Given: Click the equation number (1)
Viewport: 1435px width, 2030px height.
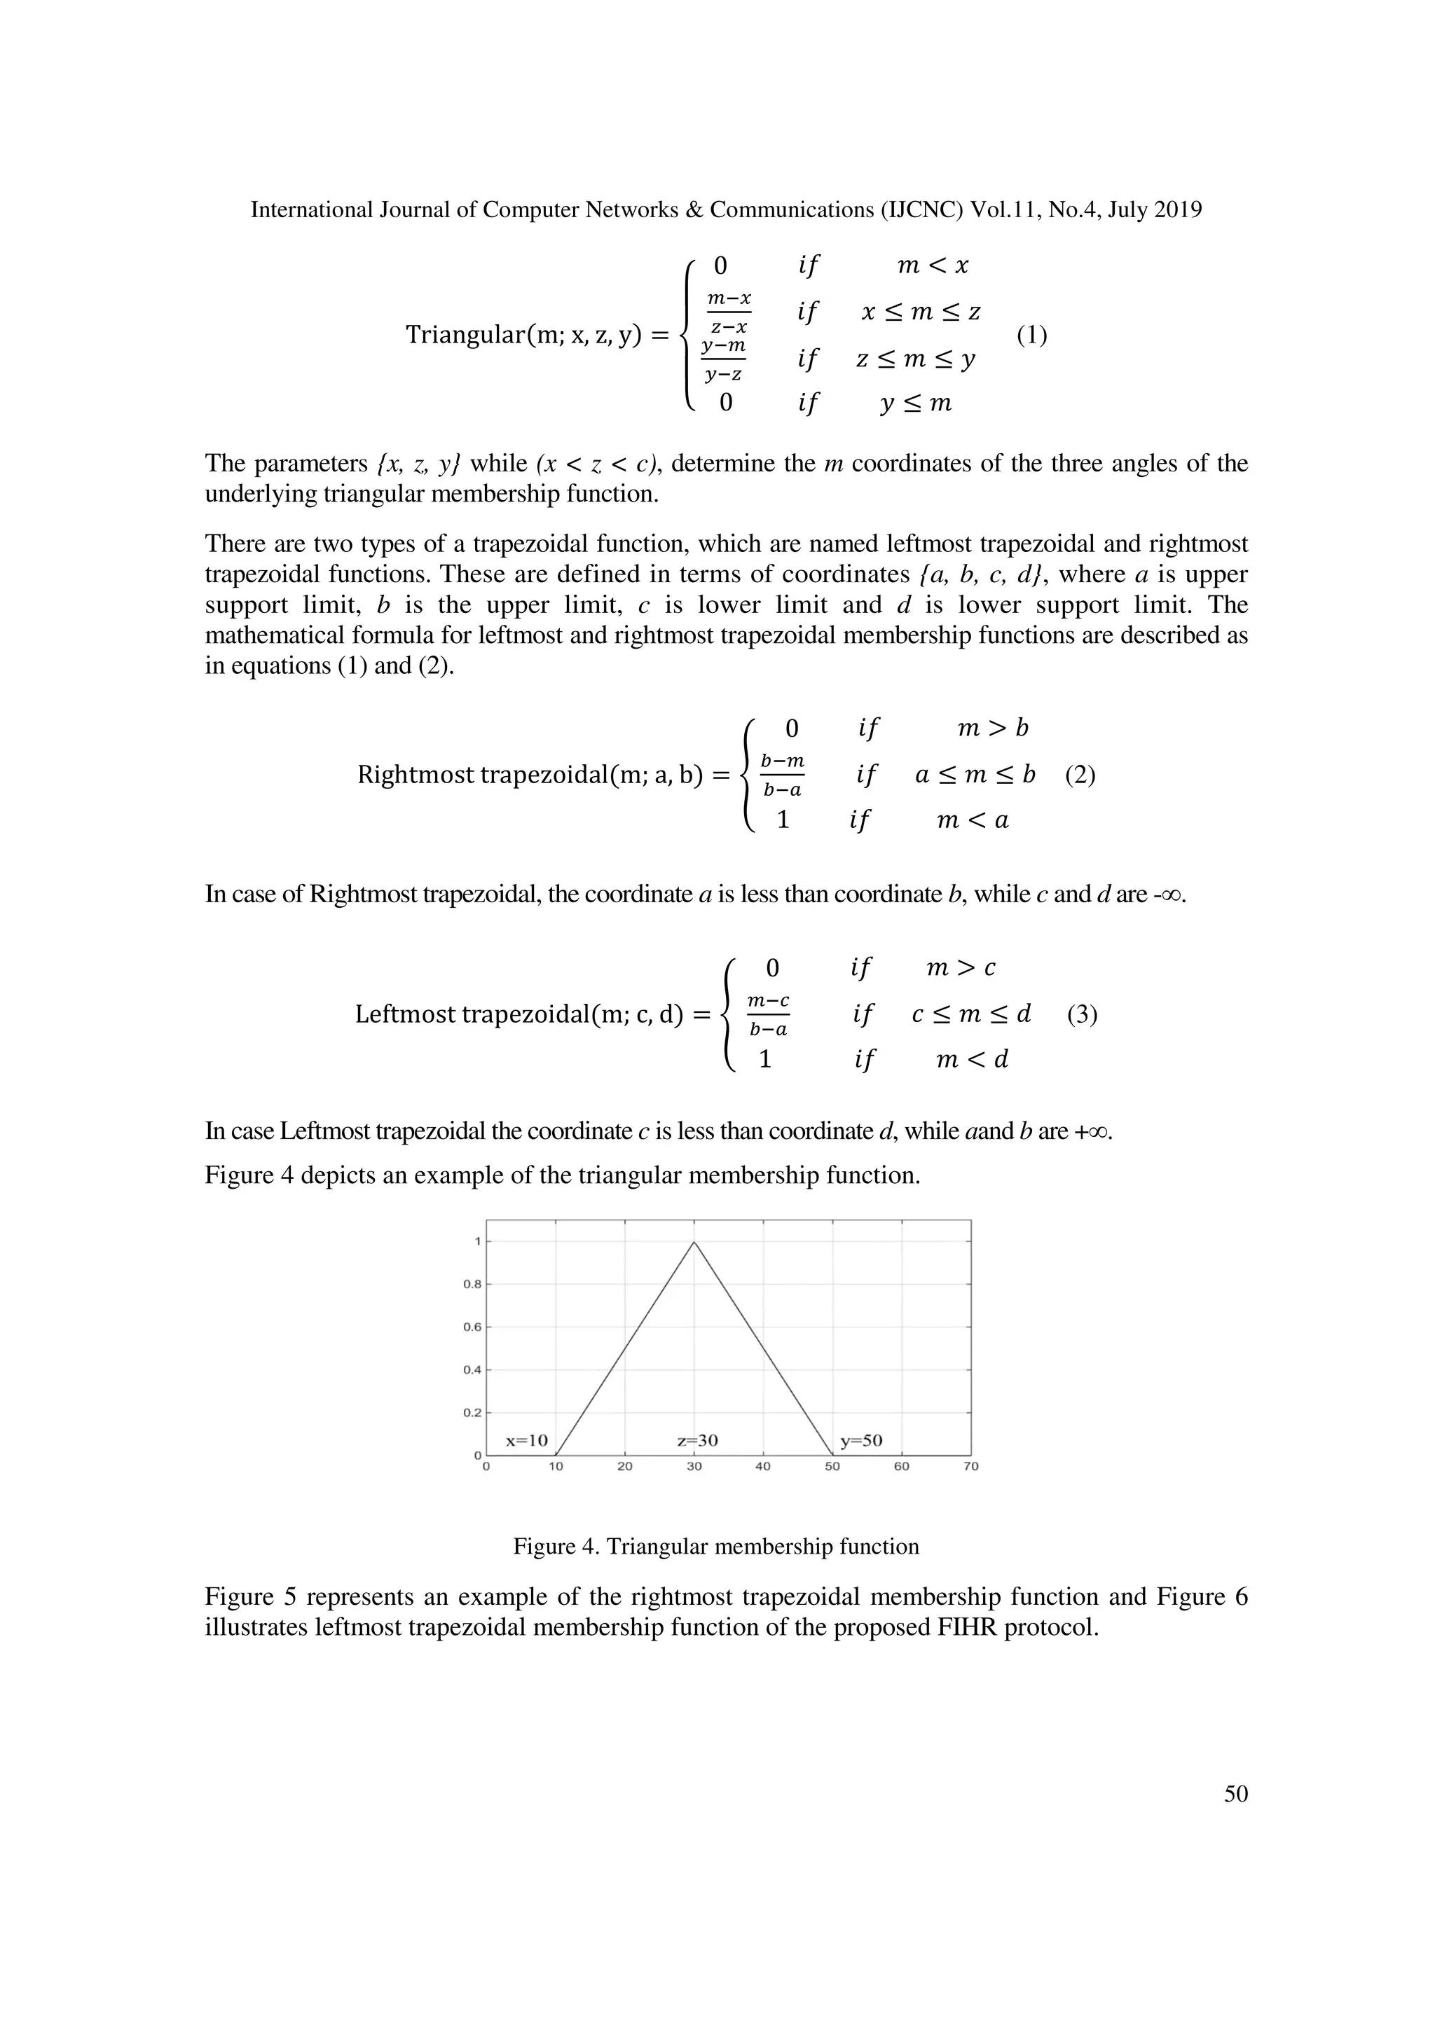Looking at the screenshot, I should coord(1031,336).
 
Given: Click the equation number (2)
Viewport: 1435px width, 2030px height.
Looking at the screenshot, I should coord(1080,775).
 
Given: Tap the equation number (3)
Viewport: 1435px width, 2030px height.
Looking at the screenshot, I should coord(1083,1014).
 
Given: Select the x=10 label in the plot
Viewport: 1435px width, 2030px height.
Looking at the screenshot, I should coord(527,1440).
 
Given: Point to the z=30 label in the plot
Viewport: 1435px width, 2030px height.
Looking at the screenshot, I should coord(698,1440).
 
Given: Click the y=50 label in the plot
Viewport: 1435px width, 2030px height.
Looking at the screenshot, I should coord(861,1440).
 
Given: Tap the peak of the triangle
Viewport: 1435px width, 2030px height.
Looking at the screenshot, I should coord(694,1242).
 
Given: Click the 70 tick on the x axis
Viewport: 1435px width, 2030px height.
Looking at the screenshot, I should coord(971,1467).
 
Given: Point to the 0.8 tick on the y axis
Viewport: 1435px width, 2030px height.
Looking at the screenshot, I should coord(472,1285).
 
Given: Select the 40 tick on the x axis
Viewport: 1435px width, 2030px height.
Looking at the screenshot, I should coord(763,1467).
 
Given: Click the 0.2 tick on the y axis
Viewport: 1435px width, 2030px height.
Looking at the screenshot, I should coord(472,1413).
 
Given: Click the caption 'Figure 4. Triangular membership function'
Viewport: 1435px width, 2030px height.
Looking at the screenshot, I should coord(716,1547).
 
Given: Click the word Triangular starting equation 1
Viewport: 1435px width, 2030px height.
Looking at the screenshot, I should coord(460,336).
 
